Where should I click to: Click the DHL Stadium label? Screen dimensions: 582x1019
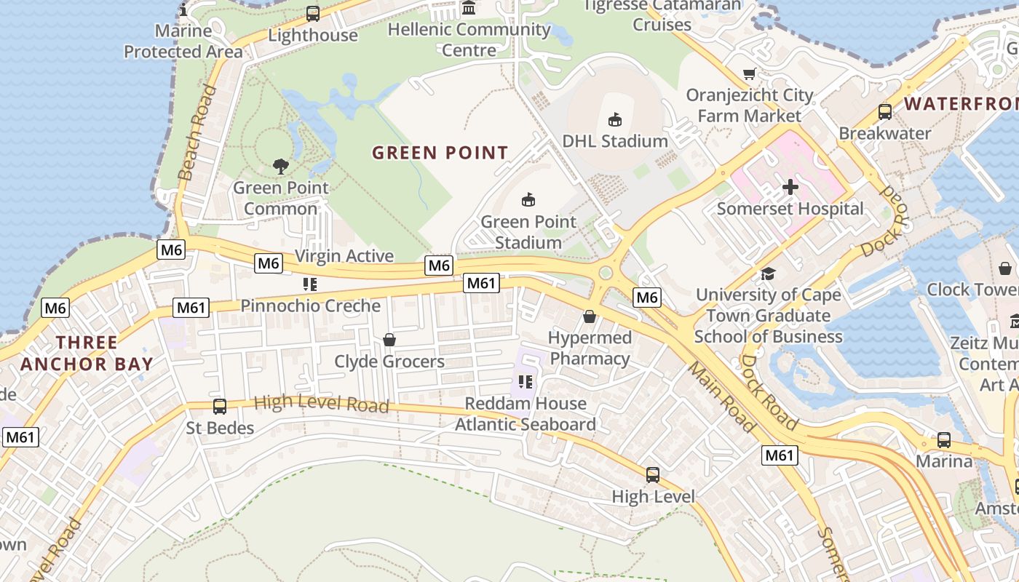[615, 141]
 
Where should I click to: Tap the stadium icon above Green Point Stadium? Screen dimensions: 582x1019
[528, 199]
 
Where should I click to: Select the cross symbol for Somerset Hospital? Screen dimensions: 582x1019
[790, 187]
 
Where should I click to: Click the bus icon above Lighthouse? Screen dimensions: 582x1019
[313, 13]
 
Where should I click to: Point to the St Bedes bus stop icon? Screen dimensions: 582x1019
[219, 406]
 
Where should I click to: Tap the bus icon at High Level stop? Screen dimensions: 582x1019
[653, 475]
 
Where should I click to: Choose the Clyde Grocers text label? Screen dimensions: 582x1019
[389, 362]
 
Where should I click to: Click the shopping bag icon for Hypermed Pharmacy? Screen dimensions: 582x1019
[589, 316]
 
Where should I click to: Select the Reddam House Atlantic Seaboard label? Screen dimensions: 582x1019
[526, 414]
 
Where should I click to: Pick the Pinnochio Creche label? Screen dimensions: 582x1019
[311, 306]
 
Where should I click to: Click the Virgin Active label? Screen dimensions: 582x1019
[344, 256]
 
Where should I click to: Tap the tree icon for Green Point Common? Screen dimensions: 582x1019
[280, 167]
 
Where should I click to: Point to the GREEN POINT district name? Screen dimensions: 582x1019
[440, 153]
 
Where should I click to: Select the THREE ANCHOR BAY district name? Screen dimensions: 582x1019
[87, 354]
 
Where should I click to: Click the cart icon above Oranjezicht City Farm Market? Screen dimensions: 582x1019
[749, 73]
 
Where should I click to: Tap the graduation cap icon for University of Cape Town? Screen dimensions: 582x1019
[768, 274]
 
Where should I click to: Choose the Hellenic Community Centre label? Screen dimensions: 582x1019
[469, 40]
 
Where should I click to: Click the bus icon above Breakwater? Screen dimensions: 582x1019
[884, 112]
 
